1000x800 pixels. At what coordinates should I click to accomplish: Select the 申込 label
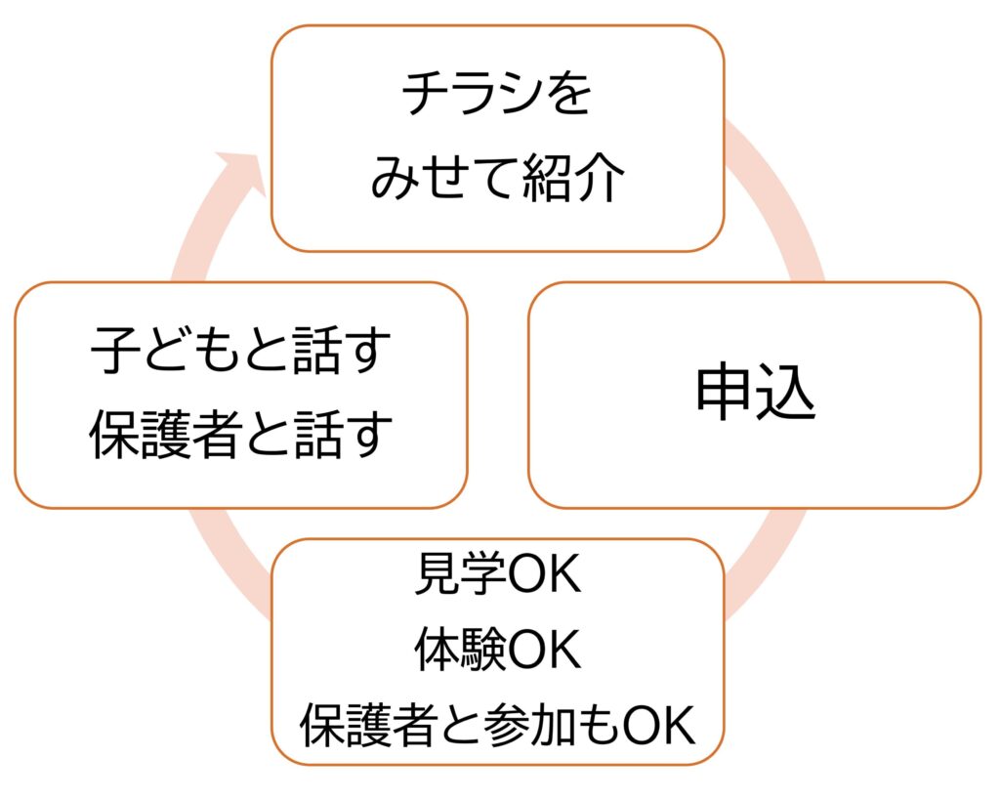coord(755,396)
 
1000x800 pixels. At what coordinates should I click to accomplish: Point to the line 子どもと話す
coord(240,353)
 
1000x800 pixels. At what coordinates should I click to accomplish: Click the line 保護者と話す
coord(240,436)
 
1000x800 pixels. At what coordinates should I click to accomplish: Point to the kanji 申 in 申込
coord(725,396)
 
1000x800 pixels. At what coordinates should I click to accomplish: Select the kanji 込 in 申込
coord(786,396)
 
